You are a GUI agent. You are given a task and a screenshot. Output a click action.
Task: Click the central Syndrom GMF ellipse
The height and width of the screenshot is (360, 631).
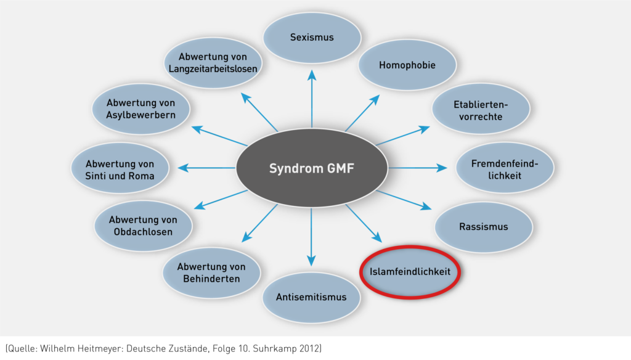(312, 168)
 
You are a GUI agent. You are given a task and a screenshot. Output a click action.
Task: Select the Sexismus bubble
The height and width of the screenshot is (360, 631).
(312, 38)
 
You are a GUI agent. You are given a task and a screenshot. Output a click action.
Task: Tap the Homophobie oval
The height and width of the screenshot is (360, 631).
(407, 65)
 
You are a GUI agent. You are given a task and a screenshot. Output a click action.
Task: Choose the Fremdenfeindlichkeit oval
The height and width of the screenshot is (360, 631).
(505, 169)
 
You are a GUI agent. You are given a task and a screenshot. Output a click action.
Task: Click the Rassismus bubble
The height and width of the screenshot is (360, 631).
(484, 227)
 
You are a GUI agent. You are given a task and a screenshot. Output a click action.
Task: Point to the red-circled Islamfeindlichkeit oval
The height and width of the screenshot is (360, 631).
(410, 271)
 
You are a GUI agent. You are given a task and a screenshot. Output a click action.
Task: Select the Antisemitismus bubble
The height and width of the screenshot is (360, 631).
(312, 298)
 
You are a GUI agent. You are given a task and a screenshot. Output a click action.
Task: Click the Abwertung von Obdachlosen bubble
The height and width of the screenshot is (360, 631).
(142, 226)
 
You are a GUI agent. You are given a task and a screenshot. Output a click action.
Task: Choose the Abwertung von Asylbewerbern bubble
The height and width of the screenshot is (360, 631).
(140, 109)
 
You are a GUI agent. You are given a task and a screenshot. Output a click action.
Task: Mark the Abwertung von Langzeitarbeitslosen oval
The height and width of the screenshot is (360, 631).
(213, 63)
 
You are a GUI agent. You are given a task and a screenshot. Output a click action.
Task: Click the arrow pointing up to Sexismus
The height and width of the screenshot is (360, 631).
(312, 99)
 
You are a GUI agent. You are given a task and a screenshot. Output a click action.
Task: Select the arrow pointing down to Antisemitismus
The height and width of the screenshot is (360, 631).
(312, 237)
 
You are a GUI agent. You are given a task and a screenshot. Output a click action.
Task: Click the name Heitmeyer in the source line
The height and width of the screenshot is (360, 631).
(112, 349)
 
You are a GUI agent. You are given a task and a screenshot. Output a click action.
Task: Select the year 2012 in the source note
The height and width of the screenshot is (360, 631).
(309, 349)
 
